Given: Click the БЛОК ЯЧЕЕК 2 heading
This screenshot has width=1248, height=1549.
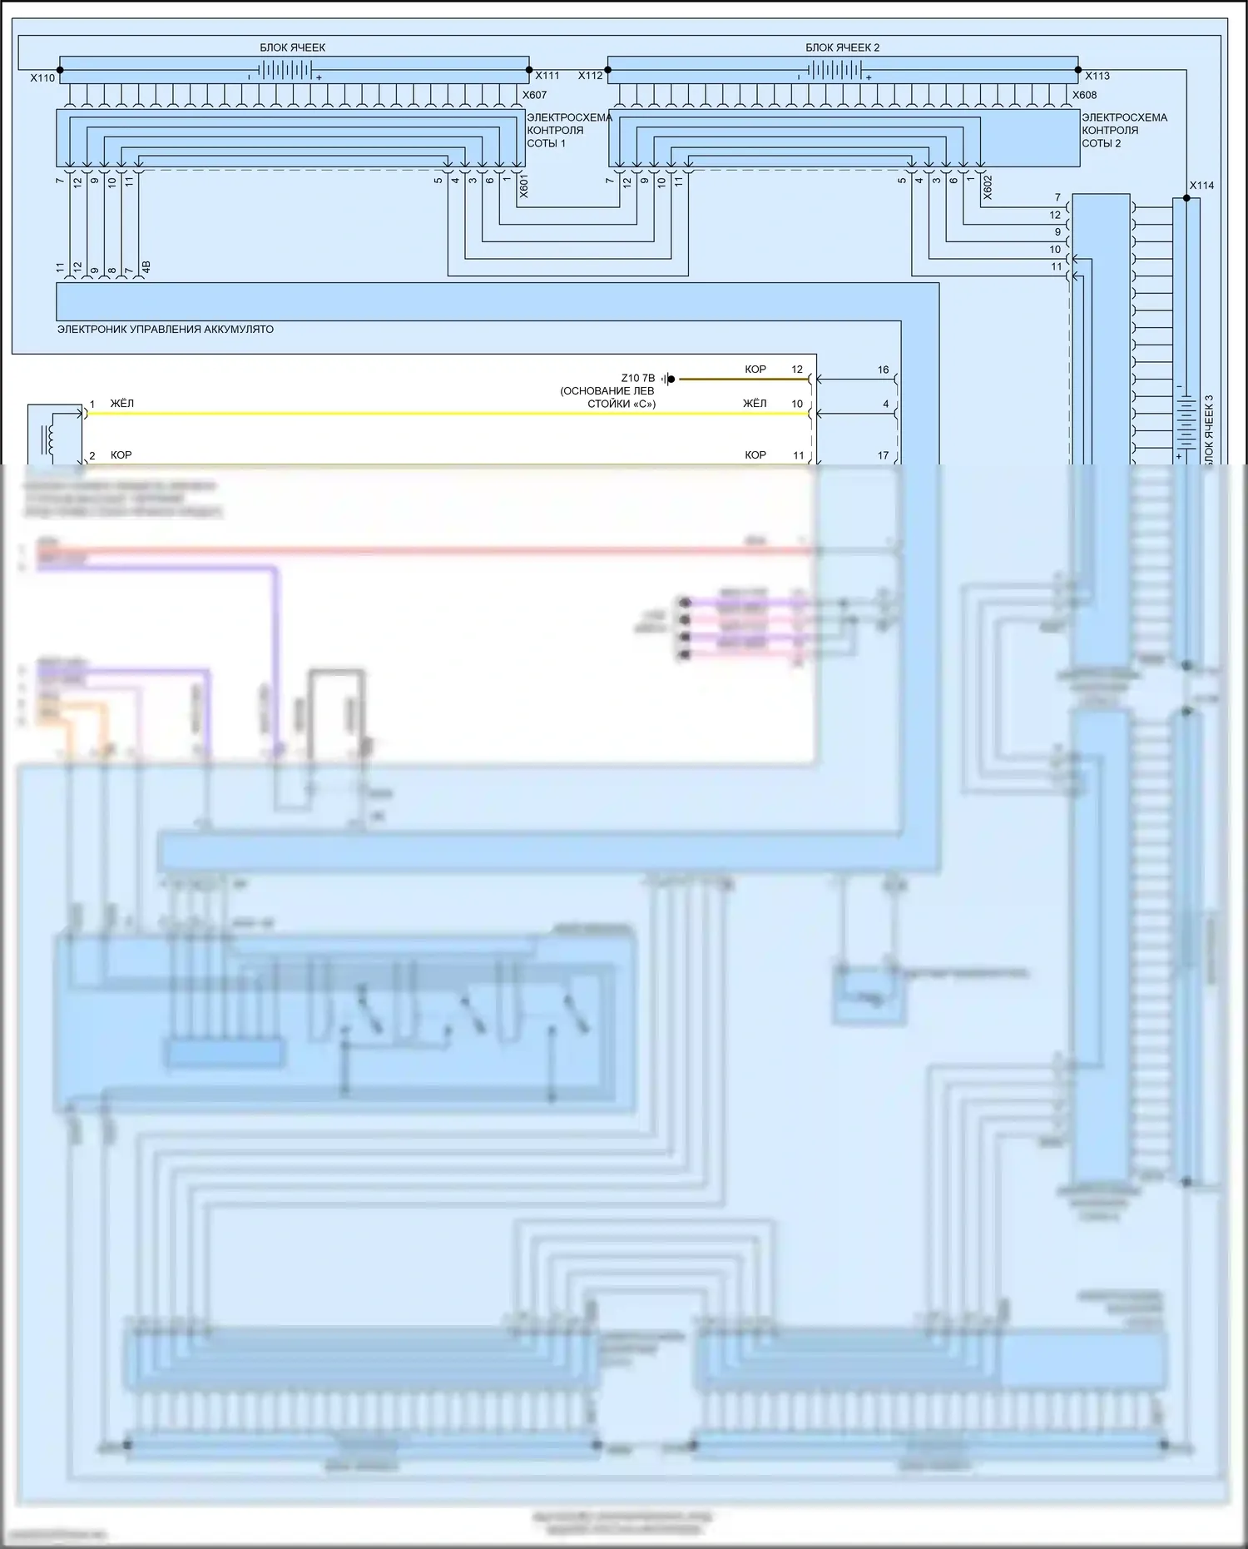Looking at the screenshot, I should coord(842,47).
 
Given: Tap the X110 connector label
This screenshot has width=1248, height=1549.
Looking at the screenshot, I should coord(42,78).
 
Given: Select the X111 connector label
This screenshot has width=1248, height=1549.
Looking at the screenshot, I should coord(547,76).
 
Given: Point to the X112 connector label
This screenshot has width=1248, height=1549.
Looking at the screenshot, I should coord(590,76).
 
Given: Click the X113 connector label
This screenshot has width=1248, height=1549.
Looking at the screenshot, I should coord(1097,76).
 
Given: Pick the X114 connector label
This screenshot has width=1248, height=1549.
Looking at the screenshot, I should coord(1201,186).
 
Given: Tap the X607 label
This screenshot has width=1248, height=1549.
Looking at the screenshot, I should coord(534,95).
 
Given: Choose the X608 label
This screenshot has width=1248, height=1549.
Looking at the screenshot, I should coord(1084,95).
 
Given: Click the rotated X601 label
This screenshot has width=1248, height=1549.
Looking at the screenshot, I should coord(523,186).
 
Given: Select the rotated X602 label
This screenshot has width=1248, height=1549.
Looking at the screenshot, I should coord(988,187).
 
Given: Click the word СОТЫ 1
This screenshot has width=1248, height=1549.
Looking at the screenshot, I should coord(546,143).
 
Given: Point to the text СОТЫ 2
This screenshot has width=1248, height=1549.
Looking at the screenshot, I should coord(1101,143).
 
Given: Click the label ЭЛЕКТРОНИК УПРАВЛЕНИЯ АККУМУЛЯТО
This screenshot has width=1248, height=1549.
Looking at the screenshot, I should coord(165,330).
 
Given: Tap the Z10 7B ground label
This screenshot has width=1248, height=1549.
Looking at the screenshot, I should coord(637,378).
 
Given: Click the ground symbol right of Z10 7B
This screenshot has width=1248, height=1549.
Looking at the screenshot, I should coord(668,379).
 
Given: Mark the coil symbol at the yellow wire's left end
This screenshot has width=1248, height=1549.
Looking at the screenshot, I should coord(49,438).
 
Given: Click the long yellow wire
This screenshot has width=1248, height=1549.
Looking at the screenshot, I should coord(416,413).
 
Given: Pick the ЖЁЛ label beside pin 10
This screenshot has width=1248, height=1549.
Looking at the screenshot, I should coord(755,404).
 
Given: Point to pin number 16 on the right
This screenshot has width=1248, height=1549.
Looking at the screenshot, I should coord(883,370).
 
